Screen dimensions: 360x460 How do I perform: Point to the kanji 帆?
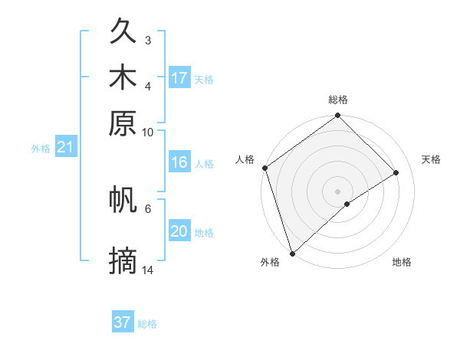click(x=123, y=199)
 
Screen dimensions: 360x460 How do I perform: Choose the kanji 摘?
click(x=123, y=261)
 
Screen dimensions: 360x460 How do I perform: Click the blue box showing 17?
click(x=179, y=78)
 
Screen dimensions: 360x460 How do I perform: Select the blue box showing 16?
click(x=179, y=162)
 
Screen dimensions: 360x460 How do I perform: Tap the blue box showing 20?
click(x=179, y=231)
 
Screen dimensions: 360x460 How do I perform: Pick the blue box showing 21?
click(x=65, y=148)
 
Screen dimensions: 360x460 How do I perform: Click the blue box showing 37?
click(x=123, y=322)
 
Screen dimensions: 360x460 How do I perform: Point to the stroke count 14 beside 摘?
click(x=148, y=270)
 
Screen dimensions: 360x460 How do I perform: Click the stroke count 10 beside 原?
click(x=148, y=132)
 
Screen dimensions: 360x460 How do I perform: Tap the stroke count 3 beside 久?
click(x=148, y=40)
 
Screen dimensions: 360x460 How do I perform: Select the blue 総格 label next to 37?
click(x=147, y=324)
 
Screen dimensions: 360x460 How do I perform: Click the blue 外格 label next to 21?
click(x=40, y=149)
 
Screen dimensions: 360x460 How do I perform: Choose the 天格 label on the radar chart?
click(x=431, y=159)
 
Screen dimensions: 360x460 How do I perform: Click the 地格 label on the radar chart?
click(x=402, y=262)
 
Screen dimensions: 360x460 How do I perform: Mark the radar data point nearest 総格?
click(x=337, y=116)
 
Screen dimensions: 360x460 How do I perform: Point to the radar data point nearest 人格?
click(x=264, y=168)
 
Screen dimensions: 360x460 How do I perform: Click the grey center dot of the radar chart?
click(x=337, y=191)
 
